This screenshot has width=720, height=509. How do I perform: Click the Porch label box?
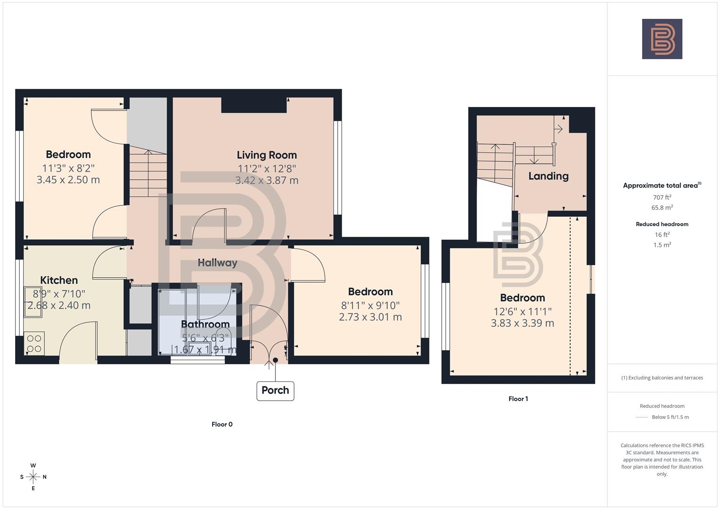275,391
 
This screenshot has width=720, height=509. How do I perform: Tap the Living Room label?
266,155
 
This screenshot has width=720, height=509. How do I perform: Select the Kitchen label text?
59,280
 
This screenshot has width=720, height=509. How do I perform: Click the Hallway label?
217,263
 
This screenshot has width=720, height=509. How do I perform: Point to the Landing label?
548,176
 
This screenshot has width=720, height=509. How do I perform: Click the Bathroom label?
205,324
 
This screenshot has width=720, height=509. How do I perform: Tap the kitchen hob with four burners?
34,343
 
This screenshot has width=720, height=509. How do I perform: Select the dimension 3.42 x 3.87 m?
266,180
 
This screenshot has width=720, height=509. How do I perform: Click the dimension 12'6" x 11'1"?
522,312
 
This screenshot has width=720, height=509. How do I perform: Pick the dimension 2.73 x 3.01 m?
370,317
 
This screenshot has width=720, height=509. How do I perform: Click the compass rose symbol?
33,477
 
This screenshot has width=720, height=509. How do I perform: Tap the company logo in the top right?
662,39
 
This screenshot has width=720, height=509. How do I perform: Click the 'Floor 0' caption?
222,424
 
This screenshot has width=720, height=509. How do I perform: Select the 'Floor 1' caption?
518,399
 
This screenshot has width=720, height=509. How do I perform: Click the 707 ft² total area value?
662,197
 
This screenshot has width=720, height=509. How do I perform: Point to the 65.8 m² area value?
662,208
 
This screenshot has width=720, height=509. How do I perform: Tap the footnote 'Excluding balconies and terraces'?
662,378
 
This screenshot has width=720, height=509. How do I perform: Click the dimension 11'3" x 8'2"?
68,168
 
